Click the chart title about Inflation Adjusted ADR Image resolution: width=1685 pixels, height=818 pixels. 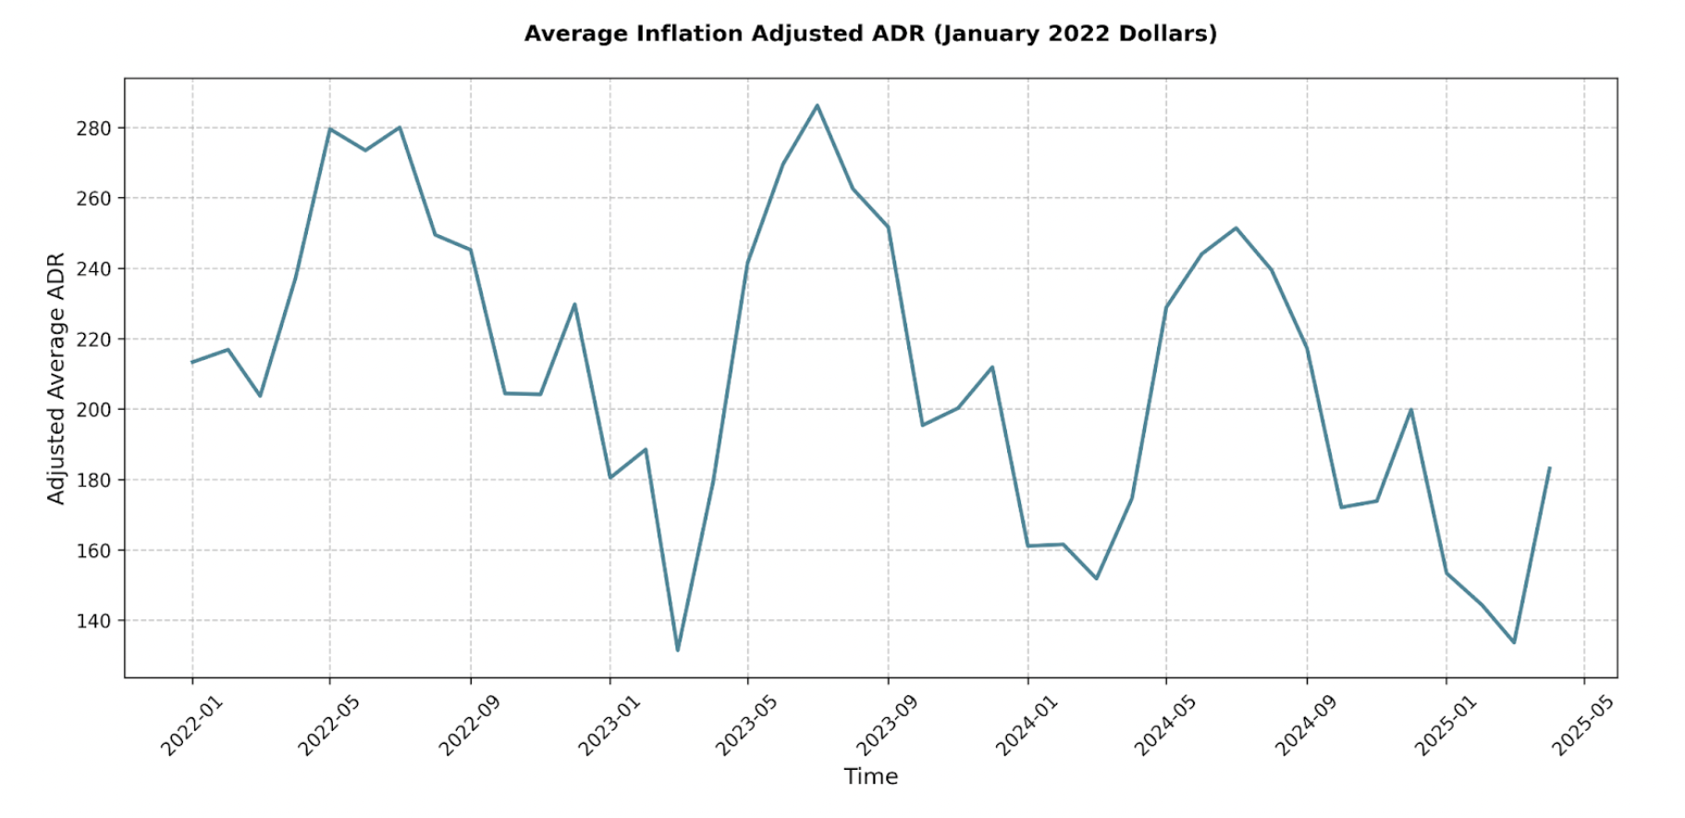[x=869, y=34]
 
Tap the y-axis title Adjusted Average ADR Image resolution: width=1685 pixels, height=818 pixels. [x=56, y=378]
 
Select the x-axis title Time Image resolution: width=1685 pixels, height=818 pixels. [x=870, y=776]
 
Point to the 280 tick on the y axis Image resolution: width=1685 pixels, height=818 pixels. [x=93, y=129]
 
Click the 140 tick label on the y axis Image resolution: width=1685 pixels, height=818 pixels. [x=93, y=621]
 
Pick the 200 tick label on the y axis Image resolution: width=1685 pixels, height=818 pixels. [x=93, y=410]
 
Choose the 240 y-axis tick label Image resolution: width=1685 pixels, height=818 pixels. [x=93, y=269]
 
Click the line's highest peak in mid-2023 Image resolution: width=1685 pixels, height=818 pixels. [x=817, y=105]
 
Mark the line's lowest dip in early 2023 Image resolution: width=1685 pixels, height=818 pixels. [x=677, y=650]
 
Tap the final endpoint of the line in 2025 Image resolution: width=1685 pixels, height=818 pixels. [x=1549, y=468]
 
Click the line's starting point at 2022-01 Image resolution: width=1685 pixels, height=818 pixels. [x=192, y=362]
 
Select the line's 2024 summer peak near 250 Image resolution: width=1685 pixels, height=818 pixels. [x=1236, y=228]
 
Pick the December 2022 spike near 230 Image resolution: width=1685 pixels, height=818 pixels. [x=574, y=304]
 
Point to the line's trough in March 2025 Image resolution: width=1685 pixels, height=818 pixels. [x=1514, y=642]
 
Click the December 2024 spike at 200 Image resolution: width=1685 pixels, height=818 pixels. [x=1410, y=410]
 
